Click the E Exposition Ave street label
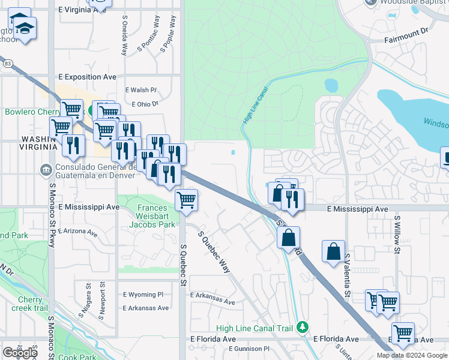[87, 77]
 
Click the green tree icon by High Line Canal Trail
[304, 326]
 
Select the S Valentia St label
[348, 275]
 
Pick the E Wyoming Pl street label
[143, 295]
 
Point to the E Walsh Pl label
[141, 90]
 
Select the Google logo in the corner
[20, 353]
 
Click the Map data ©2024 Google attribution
[411, 355]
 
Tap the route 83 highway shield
[7, 62]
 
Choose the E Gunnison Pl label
[243, 349]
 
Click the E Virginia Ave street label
[83, 10]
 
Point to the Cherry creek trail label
[28, 304]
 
